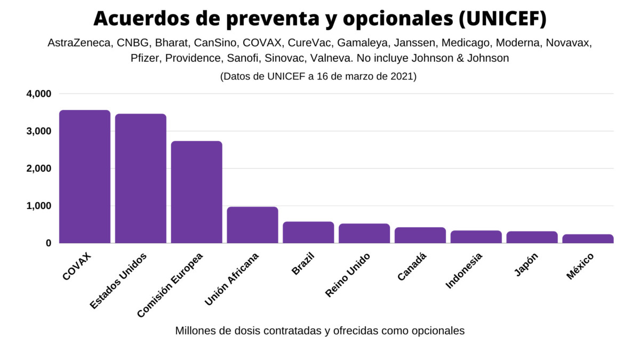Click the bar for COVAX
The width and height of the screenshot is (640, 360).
click(x=85, y=177)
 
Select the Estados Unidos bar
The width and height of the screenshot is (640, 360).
click(x=141, y=179)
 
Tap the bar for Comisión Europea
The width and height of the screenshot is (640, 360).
click(x=197, y=192)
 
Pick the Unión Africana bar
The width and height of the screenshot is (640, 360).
click(x=253, y=225)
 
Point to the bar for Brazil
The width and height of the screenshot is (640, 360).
click(x=308, y=233)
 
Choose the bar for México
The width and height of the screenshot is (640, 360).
click(x=588, y=238)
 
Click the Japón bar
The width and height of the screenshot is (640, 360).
click(x=532, y=237)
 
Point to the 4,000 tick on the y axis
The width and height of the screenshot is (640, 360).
click(x=38, y=94)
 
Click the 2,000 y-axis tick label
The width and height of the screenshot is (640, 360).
click(x=38, y=169)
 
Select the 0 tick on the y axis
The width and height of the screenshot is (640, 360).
click(x=48, y=243)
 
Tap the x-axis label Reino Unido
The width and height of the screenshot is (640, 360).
click(x=348, y=275)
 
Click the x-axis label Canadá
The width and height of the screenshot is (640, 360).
click(x=412, y=267)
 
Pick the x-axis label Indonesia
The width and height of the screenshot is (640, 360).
click(x=464, y=270)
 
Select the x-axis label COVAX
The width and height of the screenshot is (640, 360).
click(x=77, y=266)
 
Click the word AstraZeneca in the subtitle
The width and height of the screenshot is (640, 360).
click(x=79, y=43)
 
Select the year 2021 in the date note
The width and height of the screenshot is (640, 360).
click(x=400, y=76)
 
